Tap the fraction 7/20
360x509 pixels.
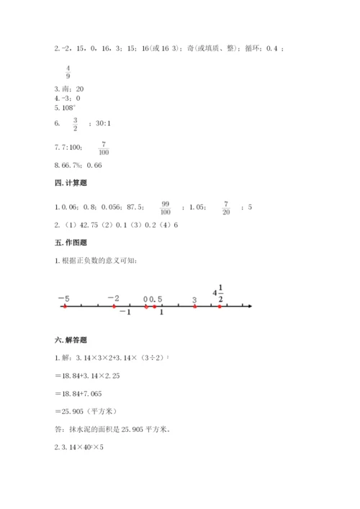coord(225,208)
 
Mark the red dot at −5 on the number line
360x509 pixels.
coord(65,307)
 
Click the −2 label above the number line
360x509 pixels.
coord(113,297)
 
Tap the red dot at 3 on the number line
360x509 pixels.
coord(194,307)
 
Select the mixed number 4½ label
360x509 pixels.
coord(219,294)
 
